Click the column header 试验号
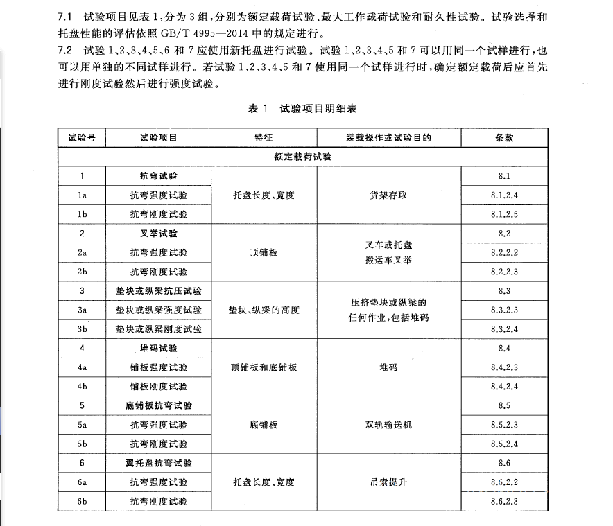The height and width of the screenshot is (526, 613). pyautogui.click(x=82, y=138)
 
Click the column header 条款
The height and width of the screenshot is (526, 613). pyautogui.click(x=504, y=138)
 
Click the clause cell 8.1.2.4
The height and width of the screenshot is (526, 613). pyautogui.click(x=504, y=195)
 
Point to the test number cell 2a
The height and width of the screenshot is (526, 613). pyautogui.click(x=82, y=253)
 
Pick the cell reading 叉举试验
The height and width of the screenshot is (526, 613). pyautogui.click(x=159, y=234)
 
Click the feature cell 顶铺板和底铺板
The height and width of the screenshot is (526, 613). pyautogui.click(x=264, y=367)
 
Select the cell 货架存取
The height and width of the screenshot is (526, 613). pyautogui.click(x=388, y=195)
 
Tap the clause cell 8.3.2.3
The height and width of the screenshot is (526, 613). pyautogui.click(x=504, y=310)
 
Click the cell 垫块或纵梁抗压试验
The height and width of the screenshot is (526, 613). pyautogui.click(x=159, y=291)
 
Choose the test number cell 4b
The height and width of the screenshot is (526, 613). pyautogui.click(x=82, y=386)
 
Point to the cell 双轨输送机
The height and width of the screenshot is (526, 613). pyautogui.click(x=388, y=424)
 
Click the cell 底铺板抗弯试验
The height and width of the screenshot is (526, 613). pyautogui.click(x=159, y=405)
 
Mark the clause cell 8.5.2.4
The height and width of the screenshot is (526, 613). pyautogui.click(x=504, y=444)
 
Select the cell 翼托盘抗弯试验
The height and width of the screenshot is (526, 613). pyautogui.click(x=159, y=462)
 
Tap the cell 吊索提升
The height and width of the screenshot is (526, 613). pyautogui.click(x=388, y=482)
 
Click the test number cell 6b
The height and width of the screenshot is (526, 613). pyautogui.click(x=82, y=500)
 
